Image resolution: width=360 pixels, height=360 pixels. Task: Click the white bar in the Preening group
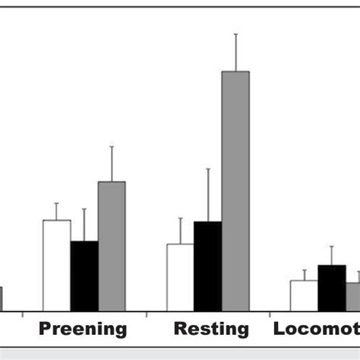[x=56, y=265]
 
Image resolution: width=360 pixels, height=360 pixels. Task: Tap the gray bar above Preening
[x=112, y=246]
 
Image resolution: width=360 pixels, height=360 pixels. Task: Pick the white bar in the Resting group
[x=180, y=277]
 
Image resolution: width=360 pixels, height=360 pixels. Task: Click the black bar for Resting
[x=207, y=266]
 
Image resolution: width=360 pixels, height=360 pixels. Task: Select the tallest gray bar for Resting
[x=235, y=191]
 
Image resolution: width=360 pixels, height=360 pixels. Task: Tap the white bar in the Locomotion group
[x=304, y=295]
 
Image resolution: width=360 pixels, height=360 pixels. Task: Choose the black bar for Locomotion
[x=331, y=288]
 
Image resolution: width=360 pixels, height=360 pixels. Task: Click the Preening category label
[x=83, y=330]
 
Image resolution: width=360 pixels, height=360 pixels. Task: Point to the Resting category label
[x=211, y=330]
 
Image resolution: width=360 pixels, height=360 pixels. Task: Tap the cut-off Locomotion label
[x=316, y=330]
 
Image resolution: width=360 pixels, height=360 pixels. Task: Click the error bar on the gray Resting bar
[x=235, y=52]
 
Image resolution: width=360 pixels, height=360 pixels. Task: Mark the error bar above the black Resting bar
[x=208, y=195]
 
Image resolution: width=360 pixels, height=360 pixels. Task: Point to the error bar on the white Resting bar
[x=180, y=231]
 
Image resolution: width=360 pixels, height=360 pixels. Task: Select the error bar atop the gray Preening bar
[x=112, y=163]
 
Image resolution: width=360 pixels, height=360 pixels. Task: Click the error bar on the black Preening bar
[x=84, y=225]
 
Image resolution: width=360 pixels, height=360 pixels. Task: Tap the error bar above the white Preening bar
[x=56, y=211]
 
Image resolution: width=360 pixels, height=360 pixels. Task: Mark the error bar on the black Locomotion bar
[x=331, y=256]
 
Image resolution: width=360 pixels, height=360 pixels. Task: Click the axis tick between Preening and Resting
[x=146, y=314]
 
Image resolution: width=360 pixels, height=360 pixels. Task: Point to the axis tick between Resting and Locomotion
[x=270, y=314]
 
